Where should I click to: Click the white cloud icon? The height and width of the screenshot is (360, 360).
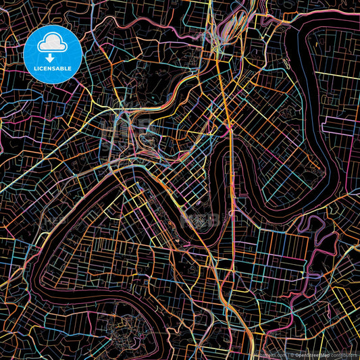pyautogui.click(x=52, y=45)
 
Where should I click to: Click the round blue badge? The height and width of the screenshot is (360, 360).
pyautogui.click(x=52, y=54)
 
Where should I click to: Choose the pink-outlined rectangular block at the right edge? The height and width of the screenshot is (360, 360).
pyautogui.click(x=338, y=126)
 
